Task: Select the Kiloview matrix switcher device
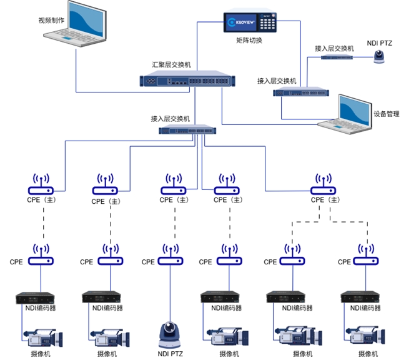(250, 23)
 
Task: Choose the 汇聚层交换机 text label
(172, 64)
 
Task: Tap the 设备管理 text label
(386, 114)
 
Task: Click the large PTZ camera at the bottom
(168, 335)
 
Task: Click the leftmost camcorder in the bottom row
(43, 337)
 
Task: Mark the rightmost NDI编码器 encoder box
(360, 297)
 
